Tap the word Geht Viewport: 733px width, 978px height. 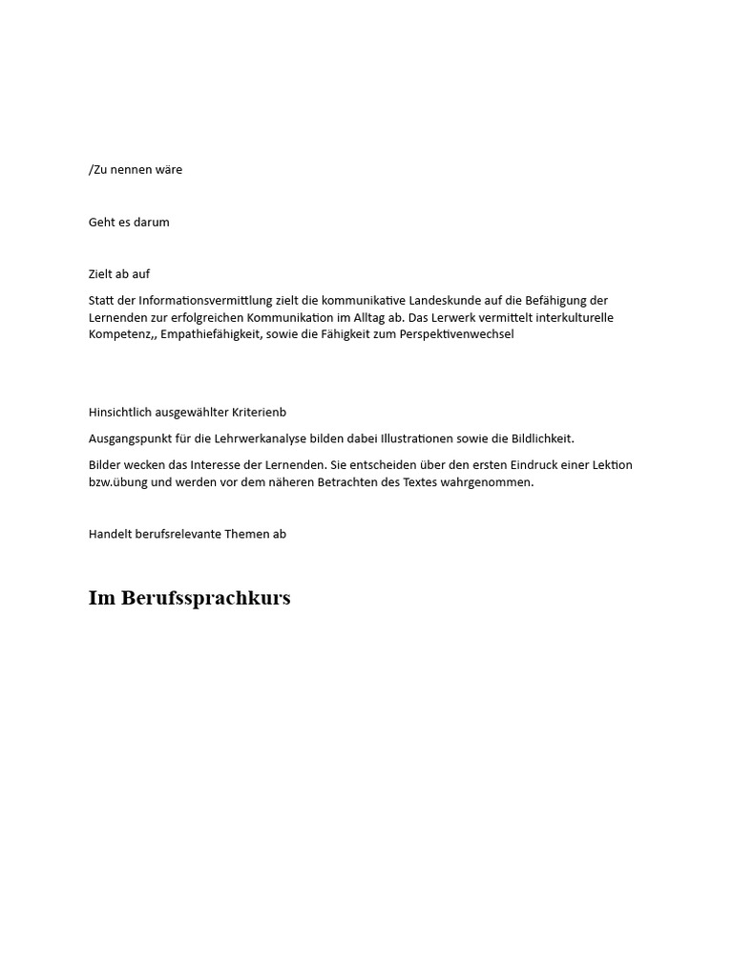(x=103, y=223)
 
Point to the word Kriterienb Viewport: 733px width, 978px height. (x=259, y=413)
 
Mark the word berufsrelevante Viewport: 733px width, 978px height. (x=178, y=535)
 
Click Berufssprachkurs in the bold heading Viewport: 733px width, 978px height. (x=206, y=599)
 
